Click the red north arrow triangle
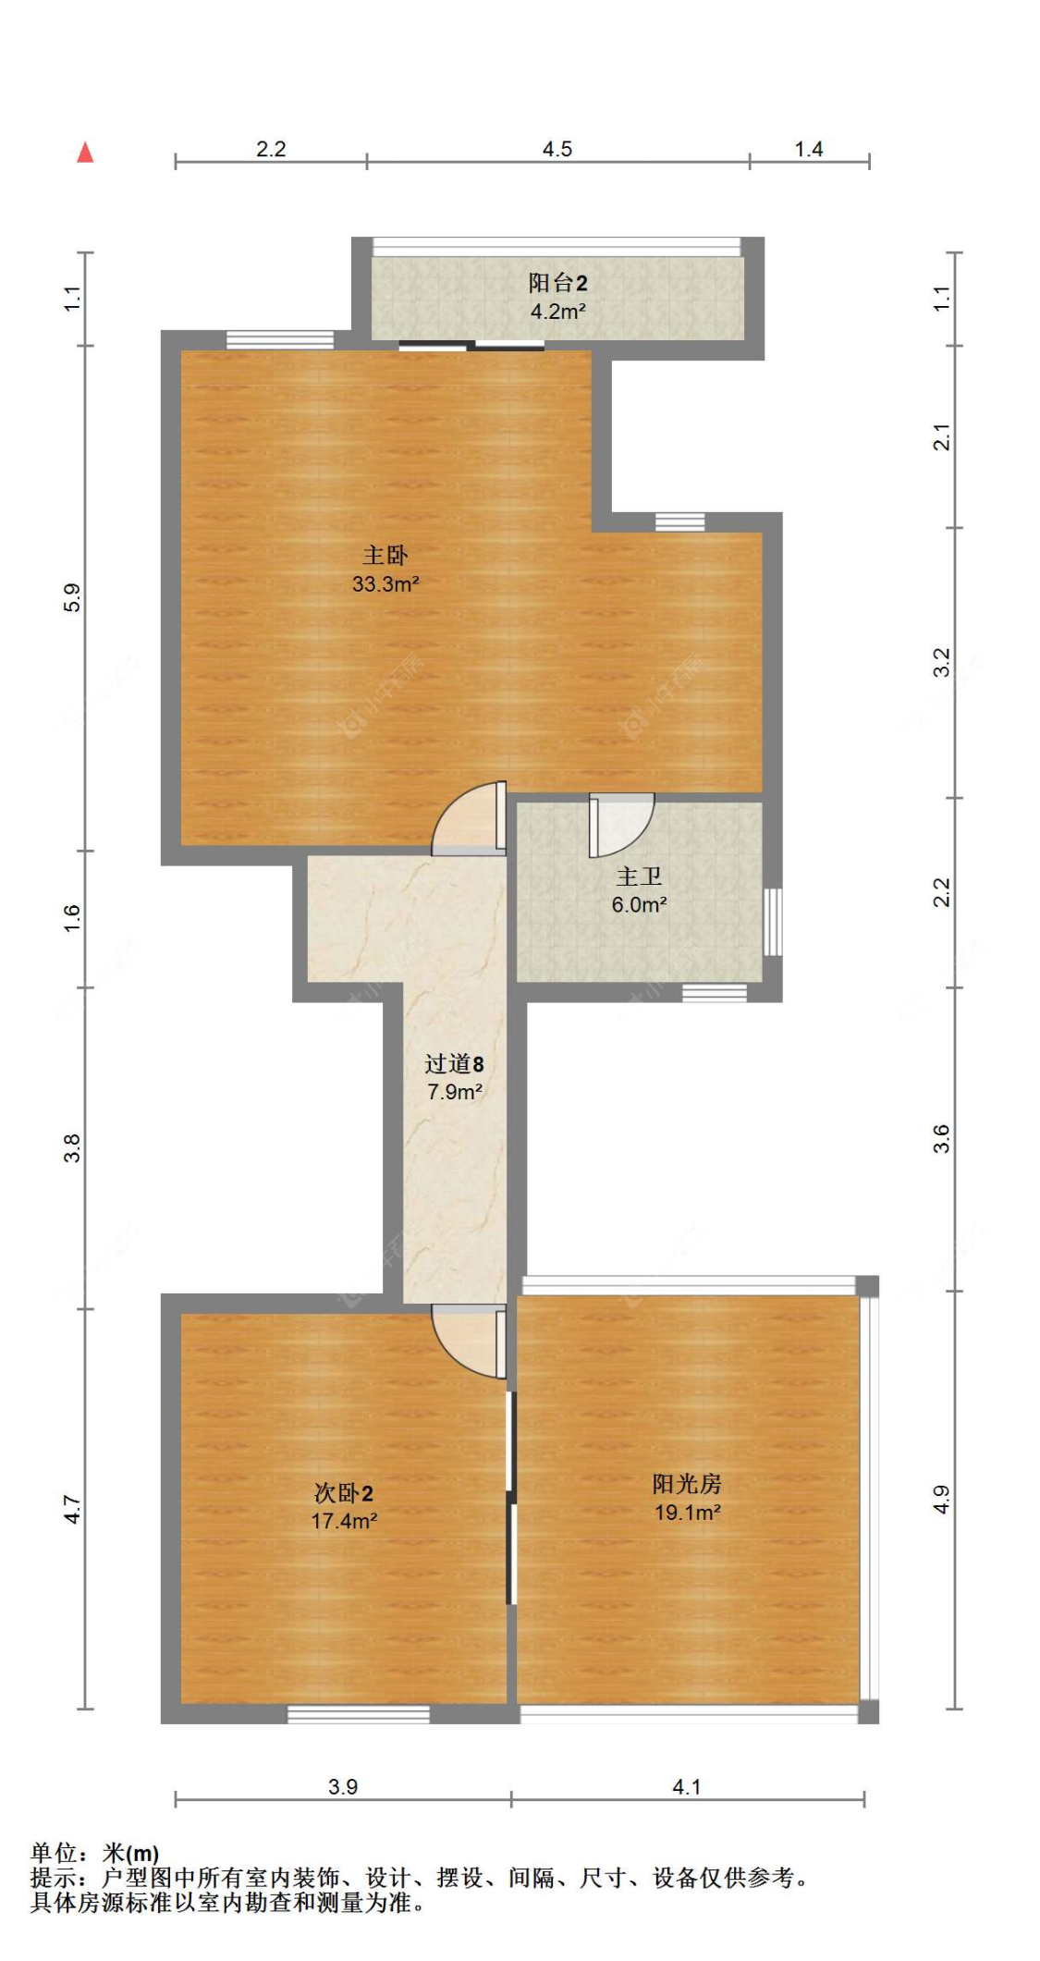click(85, 152)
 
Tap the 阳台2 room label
click(557, 283)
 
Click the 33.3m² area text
click(385, 584)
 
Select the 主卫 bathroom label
click(639, 876)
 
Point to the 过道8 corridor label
click(454, 1064)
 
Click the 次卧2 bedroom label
click(343, 1493)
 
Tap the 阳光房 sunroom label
click(687, 1484)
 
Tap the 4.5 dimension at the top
click(557, 149)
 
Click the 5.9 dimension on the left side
click(73, 597)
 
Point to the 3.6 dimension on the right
click(941, 1138)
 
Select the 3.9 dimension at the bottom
click(343, 1786)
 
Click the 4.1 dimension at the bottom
click(687, 1786)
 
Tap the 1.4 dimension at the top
click(809, 149)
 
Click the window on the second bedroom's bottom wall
click(359, 1714)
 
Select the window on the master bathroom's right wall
click(773, 922)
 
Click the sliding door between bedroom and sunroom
click(510, 1499)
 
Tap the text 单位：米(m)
click(94, 1853)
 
